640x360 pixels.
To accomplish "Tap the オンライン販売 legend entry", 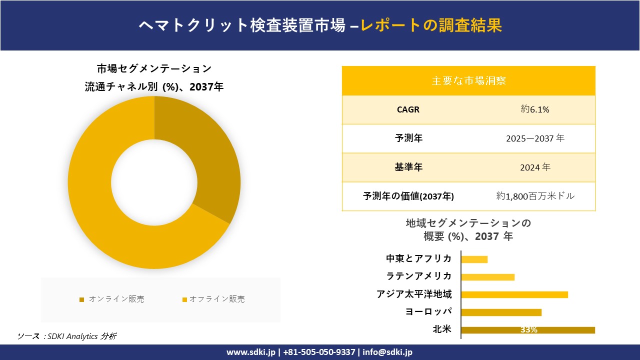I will (x=112, y=299).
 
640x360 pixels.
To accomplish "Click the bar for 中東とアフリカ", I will (x=474, y=259).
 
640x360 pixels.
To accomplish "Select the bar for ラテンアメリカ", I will (x=487, y=277).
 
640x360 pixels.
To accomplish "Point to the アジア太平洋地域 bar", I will (x=514, y=294).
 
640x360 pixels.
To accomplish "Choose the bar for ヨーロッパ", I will (x=501, y=312).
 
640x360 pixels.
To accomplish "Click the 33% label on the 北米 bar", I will (x=528, y=330).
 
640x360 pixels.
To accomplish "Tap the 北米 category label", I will (x=442, y=329).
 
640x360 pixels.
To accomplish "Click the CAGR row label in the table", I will (x=408, y=109).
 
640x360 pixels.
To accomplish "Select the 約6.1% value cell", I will (x=534, y=109).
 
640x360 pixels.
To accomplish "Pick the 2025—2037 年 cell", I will (x=534, y=138).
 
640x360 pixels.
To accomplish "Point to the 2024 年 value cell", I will (x=534, y=167).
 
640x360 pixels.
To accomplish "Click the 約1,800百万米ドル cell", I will (x=535, y=196).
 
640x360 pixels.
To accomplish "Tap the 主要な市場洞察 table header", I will (x=468, y=80).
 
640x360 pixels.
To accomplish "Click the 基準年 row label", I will (x=408, y=167).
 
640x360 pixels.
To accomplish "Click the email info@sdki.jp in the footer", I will (x=387, y=352).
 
